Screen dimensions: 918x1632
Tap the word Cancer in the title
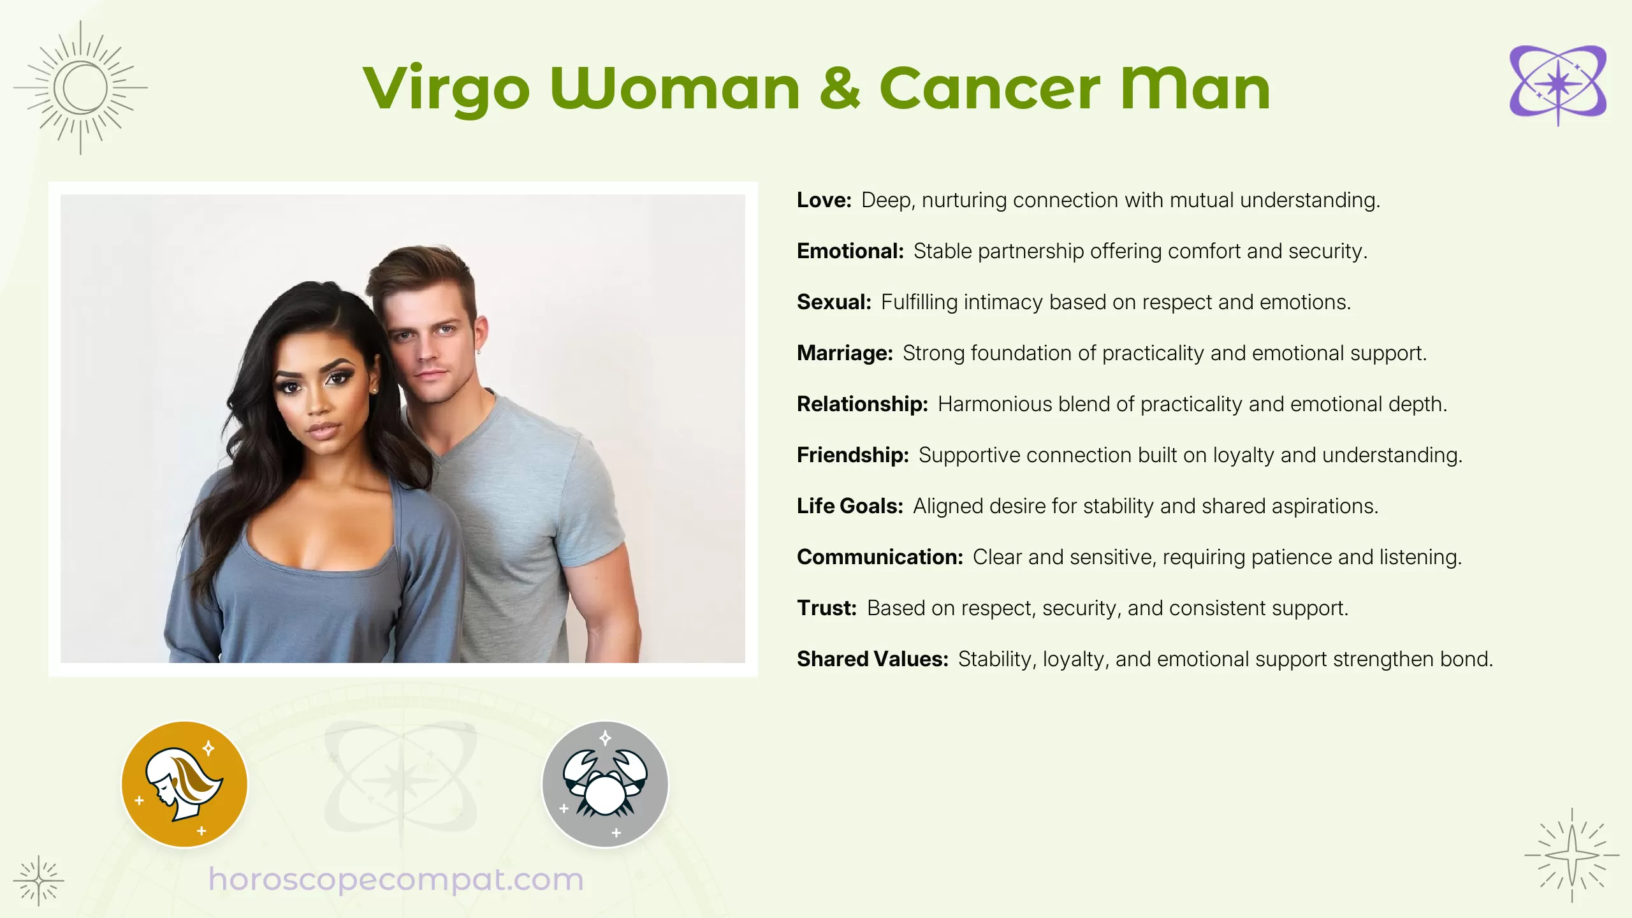pyautogui.click(x=989, y=89)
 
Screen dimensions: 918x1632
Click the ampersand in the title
pyautogui.click(x=840, y=89)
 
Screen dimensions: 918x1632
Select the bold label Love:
pyautogui.click(x=824, y=200)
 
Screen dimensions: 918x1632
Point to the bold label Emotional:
pyautogui.click(x=850, y=251)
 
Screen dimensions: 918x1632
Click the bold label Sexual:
pyautogui.click(x=834, y=302)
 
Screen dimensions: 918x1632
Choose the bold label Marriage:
pyautogui.click(x=845, y=353)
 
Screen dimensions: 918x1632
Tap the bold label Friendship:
pyautogui.click(x=852, y=455)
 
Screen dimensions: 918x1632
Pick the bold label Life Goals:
pyautogui.click(x=850, y=506)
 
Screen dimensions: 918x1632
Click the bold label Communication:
pyautogui.click(x=880, y=557)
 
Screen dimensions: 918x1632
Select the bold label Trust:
pyautogui.click(x=826, y=608)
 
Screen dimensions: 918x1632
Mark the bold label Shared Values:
pyautogui.click(x=872, y=659)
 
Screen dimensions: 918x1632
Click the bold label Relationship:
pyautogui.click(x=862, y=404)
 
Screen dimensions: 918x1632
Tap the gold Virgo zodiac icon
pyautogui.click(x=184, y=784)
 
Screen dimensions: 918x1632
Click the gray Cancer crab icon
pyautogui.click(x=605, y=784)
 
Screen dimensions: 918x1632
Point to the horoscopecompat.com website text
pyautogui.click(x=396, y=880)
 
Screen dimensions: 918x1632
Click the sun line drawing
pyautogui.click(x=80, y=88)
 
